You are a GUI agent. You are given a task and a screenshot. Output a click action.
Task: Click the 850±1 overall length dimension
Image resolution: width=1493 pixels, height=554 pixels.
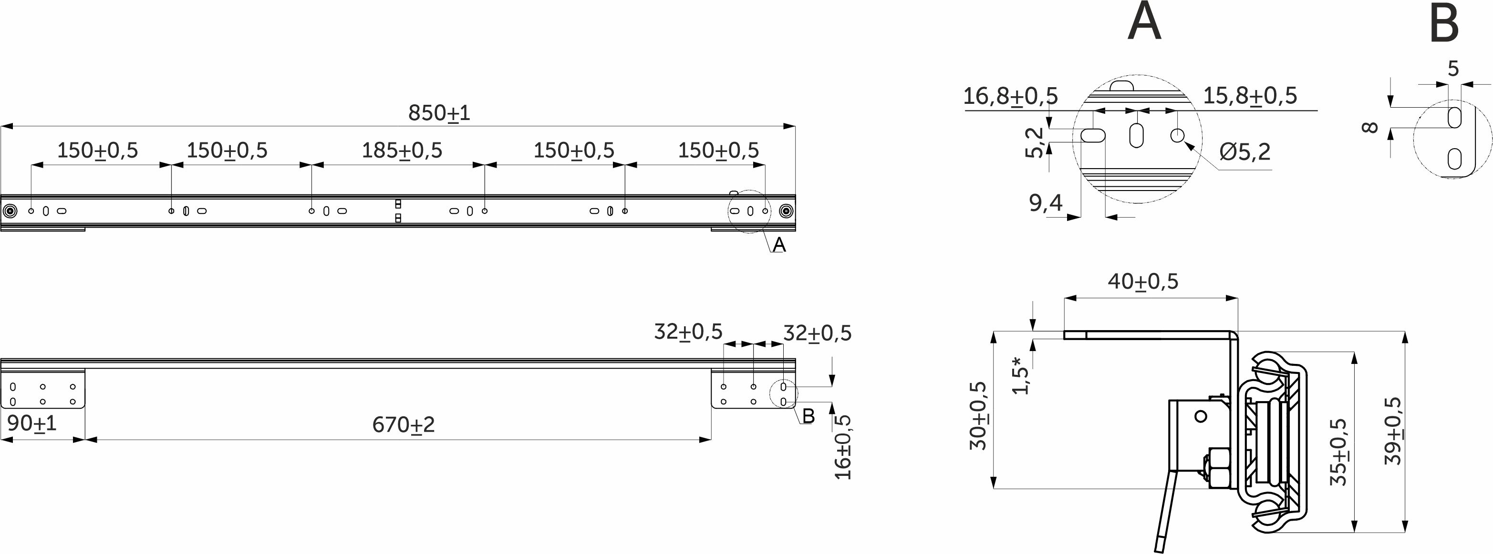(x=439, y=113)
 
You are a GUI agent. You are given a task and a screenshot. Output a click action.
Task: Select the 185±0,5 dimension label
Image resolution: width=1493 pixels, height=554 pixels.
(x=402, y=151)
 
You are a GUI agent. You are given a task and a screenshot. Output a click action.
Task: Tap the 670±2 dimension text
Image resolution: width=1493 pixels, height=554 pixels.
(x=404, y=425)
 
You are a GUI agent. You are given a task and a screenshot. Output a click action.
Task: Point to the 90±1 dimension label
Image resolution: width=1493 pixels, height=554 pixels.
(x=32, y=423)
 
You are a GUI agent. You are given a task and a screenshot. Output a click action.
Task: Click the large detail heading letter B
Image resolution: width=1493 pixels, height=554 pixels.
(x=1444, y=24)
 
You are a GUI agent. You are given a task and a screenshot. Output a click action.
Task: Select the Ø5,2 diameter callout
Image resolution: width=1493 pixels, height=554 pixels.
(x=1245, y=151)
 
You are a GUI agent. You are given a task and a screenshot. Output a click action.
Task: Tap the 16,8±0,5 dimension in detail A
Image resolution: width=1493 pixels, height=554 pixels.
(x=1010, y=96)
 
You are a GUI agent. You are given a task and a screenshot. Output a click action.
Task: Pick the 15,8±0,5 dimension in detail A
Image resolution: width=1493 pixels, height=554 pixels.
(x=1250, y=96)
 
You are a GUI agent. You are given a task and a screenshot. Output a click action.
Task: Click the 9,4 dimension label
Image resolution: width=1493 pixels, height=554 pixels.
(x=1046, y=202)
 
